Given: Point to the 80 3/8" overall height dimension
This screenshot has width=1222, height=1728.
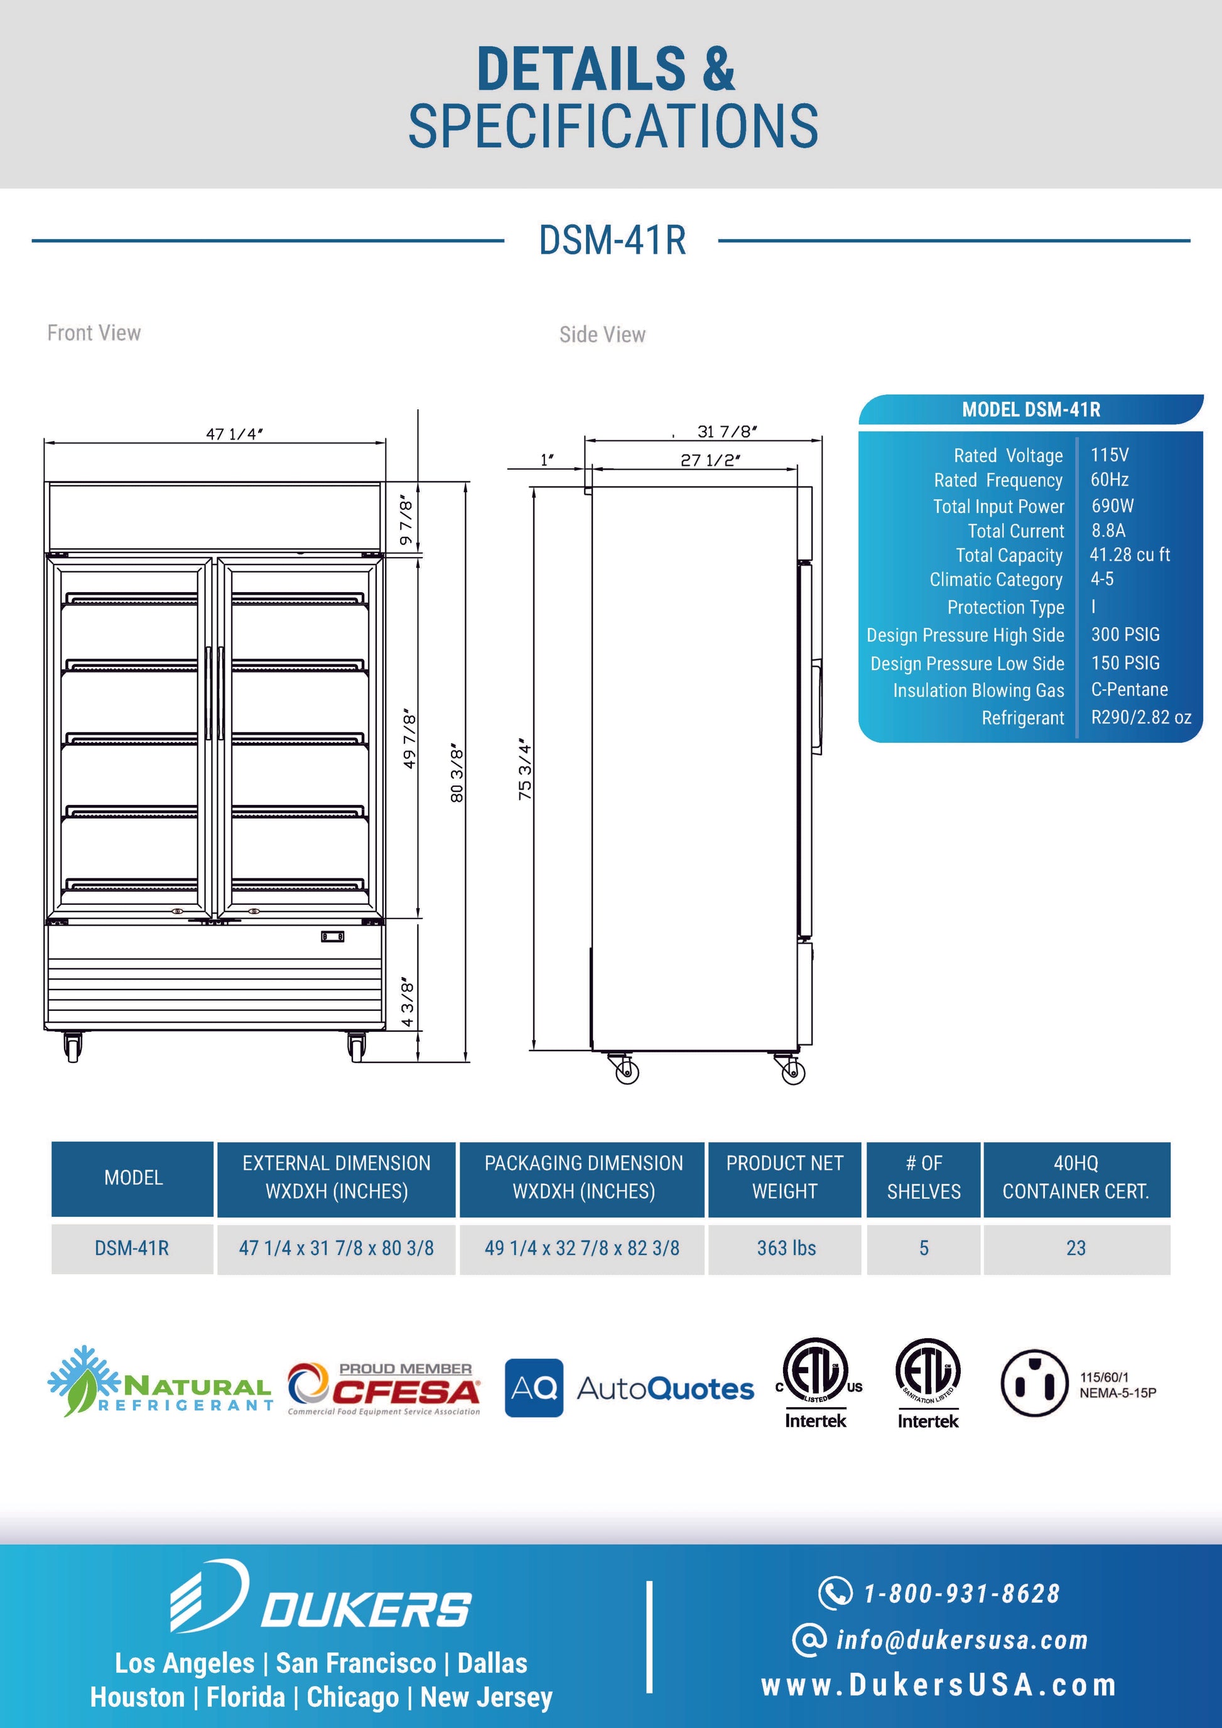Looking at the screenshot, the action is [x=457, y=773].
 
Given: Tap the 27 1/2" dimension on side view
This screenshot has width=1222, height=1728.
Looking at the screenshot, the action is [x=710, y=460].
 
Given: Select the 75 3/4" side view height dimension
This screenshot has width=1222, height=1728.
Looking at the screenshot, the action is [x=525, y=770].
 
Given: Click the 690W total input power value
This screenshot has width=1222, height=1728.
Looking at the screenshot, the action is [x=1112, y=505].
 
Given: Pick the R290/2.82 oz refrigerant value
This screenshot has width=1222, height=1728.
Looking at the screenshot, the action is [x=1141, y=717].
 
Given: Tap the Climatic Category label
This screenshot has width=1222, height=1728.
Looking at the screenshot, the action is [x=995, y=580].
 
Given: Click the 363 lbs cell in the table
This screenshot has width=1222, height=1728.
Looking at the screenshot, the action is [x=786, y=1248].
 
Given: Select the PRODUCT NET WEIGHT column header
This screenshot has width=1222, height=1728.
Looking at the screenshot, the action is [x=784, y=1178].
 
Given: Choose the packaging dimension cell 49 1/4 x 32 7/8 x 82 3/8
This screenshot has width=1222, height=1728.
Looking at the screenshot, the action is [x=581, y=1248].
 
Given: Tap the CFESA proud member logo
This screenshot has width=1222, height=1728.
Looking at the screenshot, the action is [x=384, y=1390].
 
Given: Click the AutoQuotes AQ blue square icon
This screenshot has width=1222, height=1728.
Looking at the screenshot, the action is [x=534, y=1388].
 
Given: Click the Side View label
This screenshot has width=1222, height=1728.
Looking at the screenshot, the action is [x=602, y=335].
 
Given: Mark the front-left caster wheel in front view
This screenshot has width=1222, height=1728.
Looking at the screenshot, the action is [x=73, y=1046].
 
